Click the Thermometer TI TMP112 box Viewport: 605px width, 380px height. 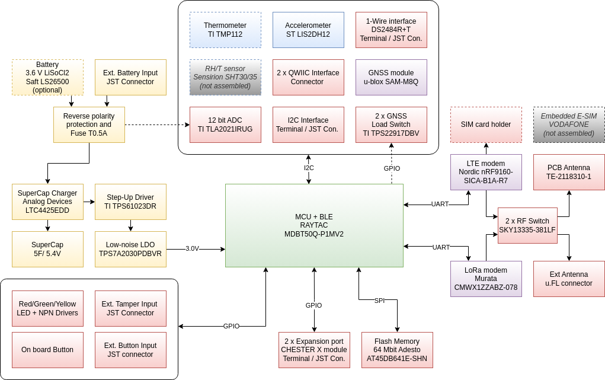[x=225, y=30]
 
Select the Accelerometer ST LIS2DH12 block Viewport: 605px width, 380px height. [x=308, y=30]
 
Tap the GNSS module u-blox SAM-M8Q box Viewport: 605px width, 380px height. [x=391, y=77]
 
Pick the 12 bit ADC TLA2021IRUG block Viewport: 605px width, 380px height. [x=225, y=124]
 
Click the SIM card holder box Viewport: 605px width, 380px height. [x=486, y=124]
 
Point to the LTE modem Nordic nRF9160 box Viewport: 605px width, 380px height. [x=486, y=172]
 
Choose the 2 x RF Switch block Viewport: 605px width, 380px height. [x=527, y=225]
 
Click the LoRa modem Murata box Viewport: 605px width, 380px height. [x=486, y=279]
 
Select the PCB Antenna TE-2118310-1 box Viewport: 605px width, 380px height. [x=569, y=172]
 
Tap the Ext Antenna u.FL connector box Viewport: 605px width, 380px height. [x=569, y=279]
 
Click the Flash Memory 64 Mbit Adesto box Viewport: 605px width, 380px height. [x=397, y=350]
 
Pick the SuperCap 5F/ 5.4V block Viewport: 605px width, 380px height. [x=47, y=249]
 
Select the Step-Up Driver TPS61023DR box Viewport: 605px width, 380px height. [x=130, y=202]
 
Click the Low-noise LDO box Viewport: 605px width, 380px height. [x=130, y=249]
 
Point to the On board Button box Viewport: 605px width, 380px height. [x=47, y=350]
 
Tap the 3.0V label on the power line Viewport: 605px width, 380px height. [x=192, y=249]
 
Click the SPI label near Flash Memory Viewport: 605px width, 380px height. [x=379, y=301]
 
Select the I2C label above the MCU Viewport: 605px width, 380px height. [x=309, y=168]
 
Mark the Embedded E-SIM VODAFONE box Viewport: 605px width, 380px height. [x=569, y=124]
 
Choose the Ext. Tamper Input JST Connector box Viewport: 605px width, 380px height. [x=130, y=308]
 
